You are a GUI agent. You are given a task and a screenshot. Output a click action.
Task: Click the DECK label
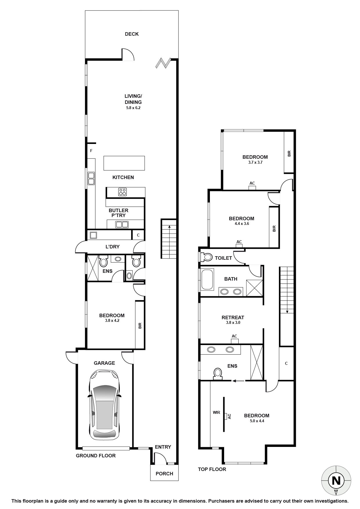132,34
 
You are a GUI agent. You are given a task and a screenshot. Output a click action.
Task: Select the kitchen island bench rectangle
124,163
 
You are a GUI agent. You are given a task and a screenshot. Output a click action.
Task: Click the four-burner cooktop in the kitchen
123,192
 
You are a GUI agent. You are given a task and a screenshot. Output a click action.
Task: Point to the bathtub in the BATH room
207,279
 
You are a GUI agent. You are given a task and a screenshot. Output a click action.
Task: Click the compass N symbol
336,481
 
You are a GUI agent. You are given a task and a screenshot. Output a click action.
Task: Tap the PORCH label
164,474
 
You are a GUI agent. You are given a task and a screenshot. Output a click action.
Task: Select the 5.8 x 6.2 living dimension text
133,108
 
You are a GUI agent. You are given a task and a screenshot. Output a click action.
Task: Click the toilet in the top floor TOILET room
207,257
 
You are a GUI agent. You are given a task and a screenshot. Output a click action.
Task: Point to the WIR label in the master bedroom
216,412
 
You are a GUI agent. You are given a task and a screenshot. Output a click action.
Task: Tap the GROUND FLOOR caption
96,456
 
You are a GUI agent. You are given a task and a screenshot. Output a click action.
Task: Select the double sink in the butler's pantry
122,224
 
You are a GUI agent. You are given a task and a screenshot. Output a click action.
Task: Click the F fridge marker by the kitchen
91,151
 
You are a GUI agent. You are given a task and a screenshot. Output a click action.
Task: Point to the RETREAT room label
233,317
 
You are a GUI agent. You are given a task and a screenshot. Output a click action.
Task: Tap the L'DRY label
112,247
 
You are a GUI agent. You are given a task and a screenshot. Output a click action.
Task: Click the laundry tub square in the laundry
93,235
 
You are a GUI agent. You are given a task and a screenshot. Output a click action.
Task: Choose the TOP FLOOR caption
212,469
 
